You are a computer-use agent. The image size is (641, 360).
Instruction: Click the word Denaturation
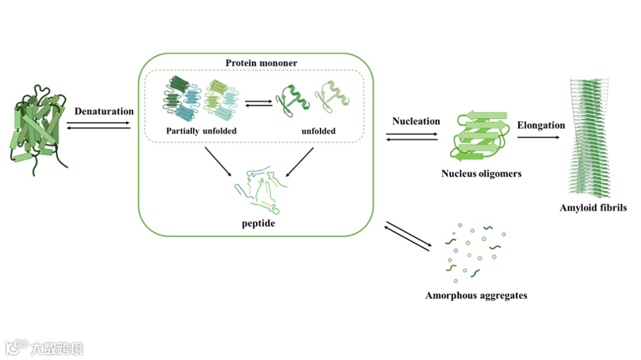coord(104,111)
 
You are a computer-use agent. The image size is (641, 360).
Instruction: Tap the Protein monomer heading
coord(261,63)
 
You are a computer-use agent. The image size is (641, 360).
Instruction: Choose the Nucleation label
coord(416,121)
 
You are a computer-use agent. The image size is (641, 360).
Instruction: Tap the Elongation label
coord(541,125)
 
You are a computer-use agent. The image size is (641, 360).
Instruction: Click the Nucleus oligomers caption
coord(481,174)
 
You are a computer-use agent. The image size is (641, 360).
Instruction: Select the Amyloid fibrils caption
coord(593,208)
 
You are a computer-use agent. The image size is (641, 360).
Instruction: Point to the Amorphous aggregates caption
coord(476,295)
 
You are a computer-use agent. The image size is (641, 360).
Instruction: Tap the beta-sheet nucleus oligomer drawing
coord(481,135)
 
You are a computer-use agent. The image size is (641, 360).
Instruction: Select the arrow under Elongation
coord(538,138)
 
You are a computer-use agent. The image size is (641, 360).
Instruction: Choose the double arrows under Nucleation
coord(412,136)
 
